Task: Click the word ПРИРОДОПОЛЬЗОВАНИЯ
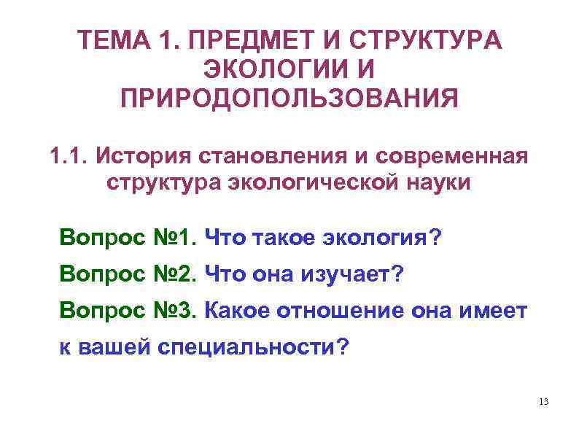click(x=289, y=98)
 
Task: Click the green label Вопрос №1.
click(x=128, y=236)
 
